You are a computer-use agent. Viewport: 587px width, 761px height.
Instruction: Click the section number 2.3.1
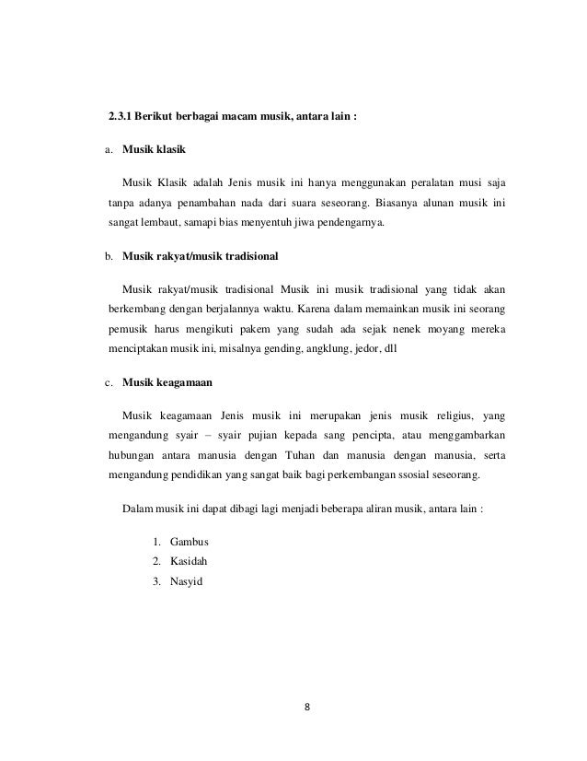(x=119, y=117)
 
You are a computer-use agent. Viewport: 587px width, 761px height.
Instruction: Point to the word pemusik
(x=132, y=328)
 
